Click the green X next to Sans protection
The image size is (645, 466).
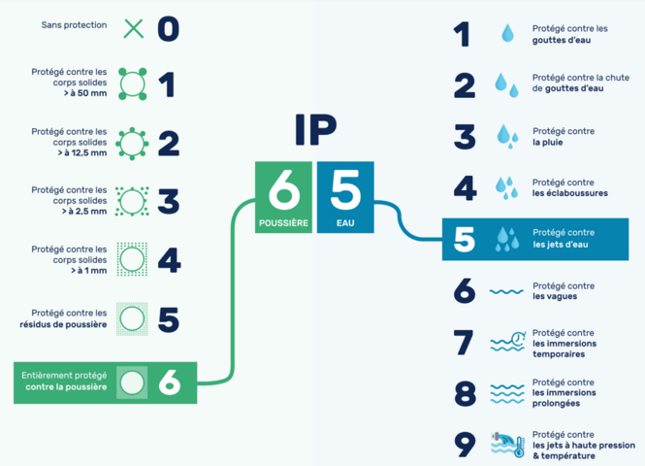[134, 29]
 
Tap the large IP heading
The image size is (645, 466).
[315, 130]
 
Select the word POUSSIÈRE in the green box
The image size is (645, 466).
[283, 223]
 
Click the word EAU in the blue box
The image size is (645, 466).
[345, 223]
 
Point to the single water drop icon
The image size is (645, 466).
[507, 33]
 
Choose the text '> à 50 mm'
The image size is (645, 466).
[85, 93]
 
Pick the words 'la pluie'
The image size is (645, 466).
[547, 143]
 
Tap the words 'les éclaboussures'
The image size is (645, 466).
[569, 193]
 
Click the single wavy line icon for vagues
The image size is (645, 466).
[506, 292]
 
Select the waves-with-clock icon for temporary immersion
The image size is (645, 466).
[508, 342]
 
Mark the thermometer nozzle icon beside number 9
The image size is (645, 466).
[508, 445]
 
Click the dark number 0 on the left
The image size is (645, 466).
[168, 29]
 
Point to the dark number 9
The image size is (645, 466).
[465, 445]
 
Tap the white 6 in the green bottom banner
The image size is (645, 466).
[170, 383]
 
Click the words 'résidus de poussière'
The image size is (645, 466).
[63, 324]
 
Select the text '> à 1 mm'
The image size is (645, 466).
[89, 271]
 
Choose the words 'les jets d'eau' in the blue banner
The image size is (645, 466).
[561, 245]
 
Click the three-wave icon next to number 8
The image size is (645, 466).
[507, 394]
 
